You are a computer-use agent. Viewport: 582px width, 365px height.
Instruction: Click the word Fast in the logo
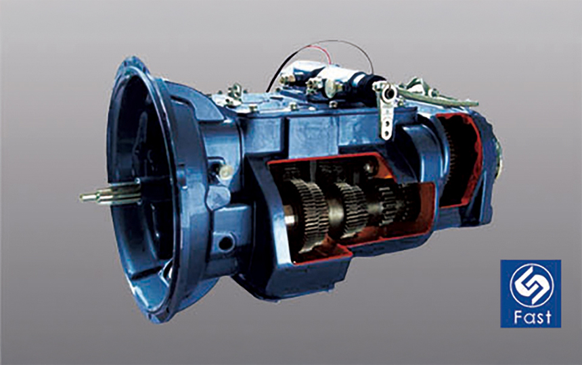point(533,317)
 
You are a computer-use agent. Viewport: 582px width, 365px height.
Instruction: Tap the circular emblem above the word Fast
point(531,285)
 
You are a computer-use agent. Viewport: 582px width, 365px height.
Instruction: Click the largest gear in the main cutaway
point(309,216)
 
